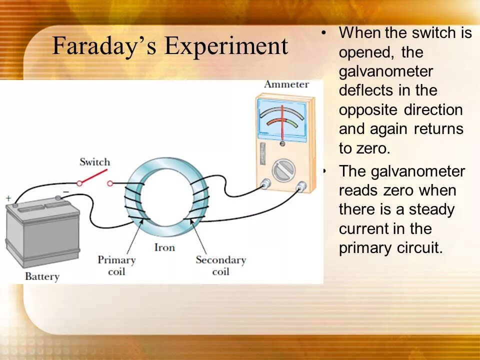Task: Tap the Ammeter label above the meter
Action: click(x=286, y=84)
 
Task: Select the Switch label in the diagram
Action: click(x=94, y=162)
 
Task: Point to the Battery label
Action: click(x=42, y=276)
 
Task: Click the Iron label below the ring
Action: click(x=164, y=247)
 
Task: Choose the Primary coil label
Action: click(x=116, y=265)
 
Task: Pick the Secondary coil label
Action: click(x=220, y=265)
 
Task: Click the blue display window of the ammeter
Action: click(x=283, y=117)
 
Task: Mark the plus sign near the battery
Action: click(x=8, y=198)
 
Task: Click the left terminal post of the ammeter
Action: click(x=264, y=184)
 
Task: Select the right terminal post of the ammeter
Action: click(x=301, y=187)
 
